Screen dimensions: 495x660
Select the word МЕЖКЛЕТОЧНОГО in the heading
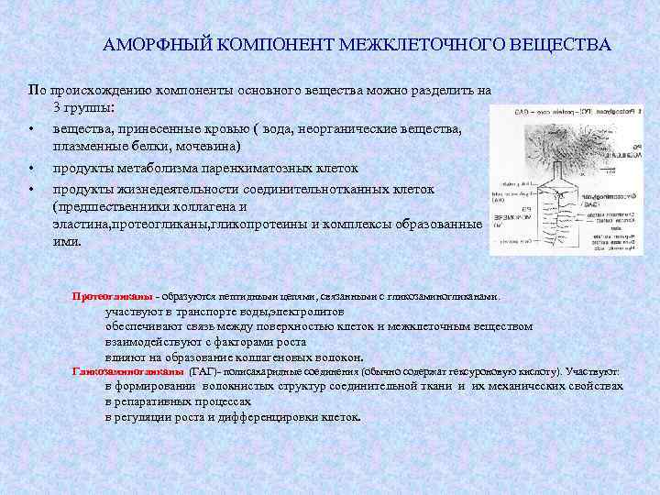click(418, 44)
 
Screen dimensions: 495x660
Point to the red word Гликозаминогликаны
click(127, 371)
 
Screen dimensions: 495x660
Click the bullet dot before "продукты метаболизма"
click(33, 169)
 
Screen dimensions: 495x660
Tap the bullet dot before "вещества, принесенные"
click(33, 127)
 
